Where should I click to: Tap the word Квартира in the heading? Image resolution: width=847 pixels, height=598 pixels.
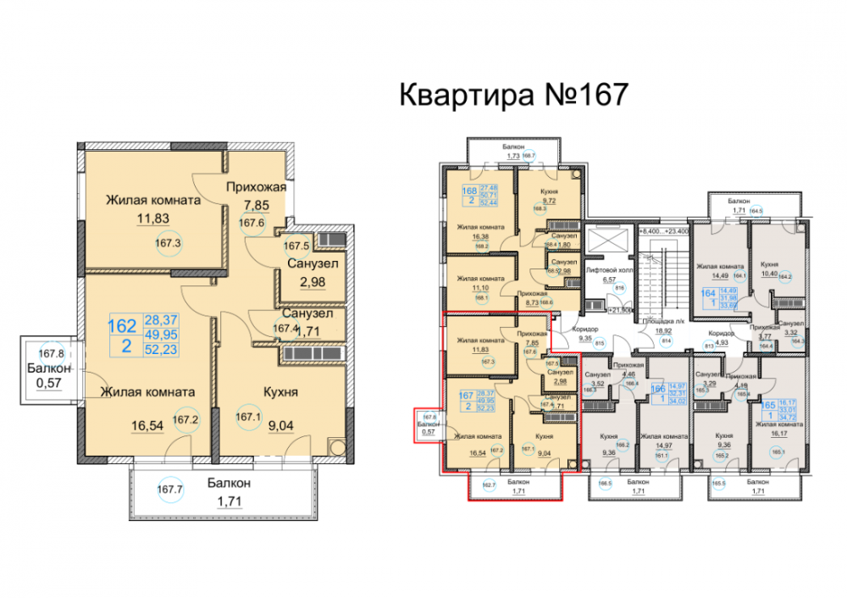(x=465, y=95)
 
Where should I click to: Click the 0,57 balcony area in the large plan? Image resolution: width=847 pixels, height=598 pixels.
(x=42, y=382)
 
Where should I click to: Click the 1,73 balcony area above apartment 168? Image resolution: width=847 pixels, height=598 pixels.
(x=512, y=156)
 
